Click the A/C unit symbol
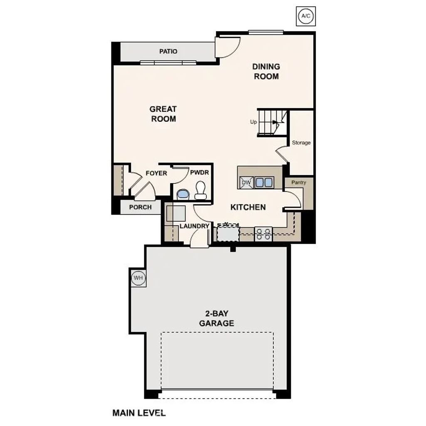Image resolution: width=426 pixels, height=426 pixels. pos(305,16)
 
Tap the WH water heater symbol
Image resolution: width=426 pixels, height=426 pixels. pos(138,278)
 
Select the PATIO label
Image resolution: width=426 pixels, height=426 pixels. pos(168,52)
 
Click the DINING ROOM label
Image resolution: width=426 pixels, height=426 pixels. pos(266,71)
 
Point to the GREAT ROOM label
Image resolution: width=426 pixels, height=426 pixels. pos(163,114)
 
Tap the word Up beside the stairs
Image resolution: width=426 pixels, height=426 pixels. pos(253,122)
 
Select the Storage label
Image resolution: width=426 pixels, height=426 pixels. pos(301,143)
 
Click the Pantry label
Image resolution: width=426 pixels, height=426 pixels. pos(299,182)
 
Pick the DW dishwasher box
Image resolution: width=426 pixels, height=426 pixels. pos(246,182)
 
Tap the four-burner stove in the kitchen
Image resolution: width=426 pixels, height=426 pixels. pos(263,234)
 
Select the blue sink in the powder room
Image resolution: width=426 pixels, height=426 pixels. pos(182,194)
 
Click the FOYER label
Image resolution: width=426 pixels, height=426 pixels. pos(156,173)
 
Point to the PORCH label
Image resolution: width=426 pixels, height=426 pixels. pos(140,207)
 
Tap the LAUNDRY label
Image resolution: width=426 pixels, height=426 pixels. pos(194,226)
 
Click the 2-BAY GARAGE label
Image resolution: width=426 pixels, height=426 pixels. pos(216,318)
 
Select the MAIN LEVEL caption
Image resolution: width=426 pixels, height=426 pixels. pos(139,413)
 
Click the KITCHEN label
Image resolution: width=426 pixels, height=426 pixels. pos(248,207)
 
